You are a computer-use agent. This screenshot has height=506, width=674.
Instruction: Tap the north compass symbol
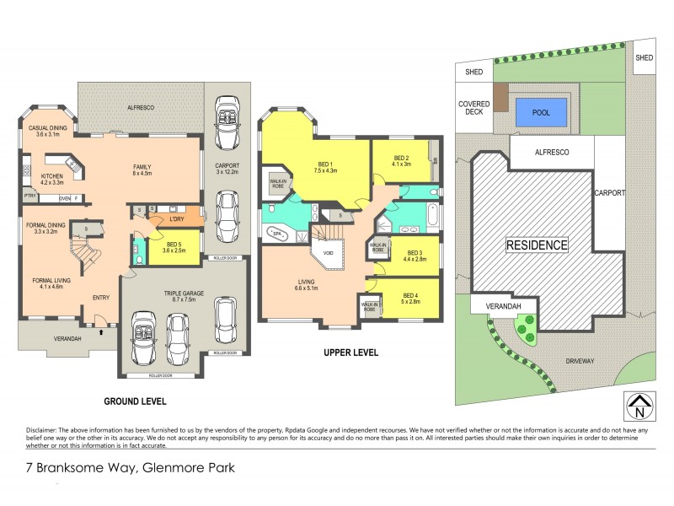pyautogui.click(x=641, y=406)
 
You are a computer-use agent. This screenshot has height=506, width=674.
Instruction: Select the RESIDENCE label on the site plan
pyautogui.click(x=536, y=245)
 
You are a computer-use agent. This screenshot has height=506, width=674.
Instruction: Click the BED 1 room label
pyautogui.click(x=324, y=165)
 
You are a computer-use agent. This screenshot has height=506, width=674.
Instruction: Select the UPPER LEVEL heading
pyautogui.click(x=349, y=353)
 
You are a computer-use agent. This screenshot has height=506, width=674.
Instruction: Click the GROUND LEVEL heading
pyautogui.click(x=134, y=401)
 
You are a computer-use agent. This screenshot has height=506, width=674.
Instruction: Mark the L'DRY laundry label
pyautogui.click(x=177, y=219)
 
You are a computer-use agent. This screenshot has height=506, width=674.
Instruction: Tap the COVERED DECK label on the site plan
pyautogui.click(x=473, y=108)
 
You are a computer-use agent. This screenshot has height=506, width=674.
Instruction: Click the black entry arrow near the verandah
pyautogui.click(x=103, y=332)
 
